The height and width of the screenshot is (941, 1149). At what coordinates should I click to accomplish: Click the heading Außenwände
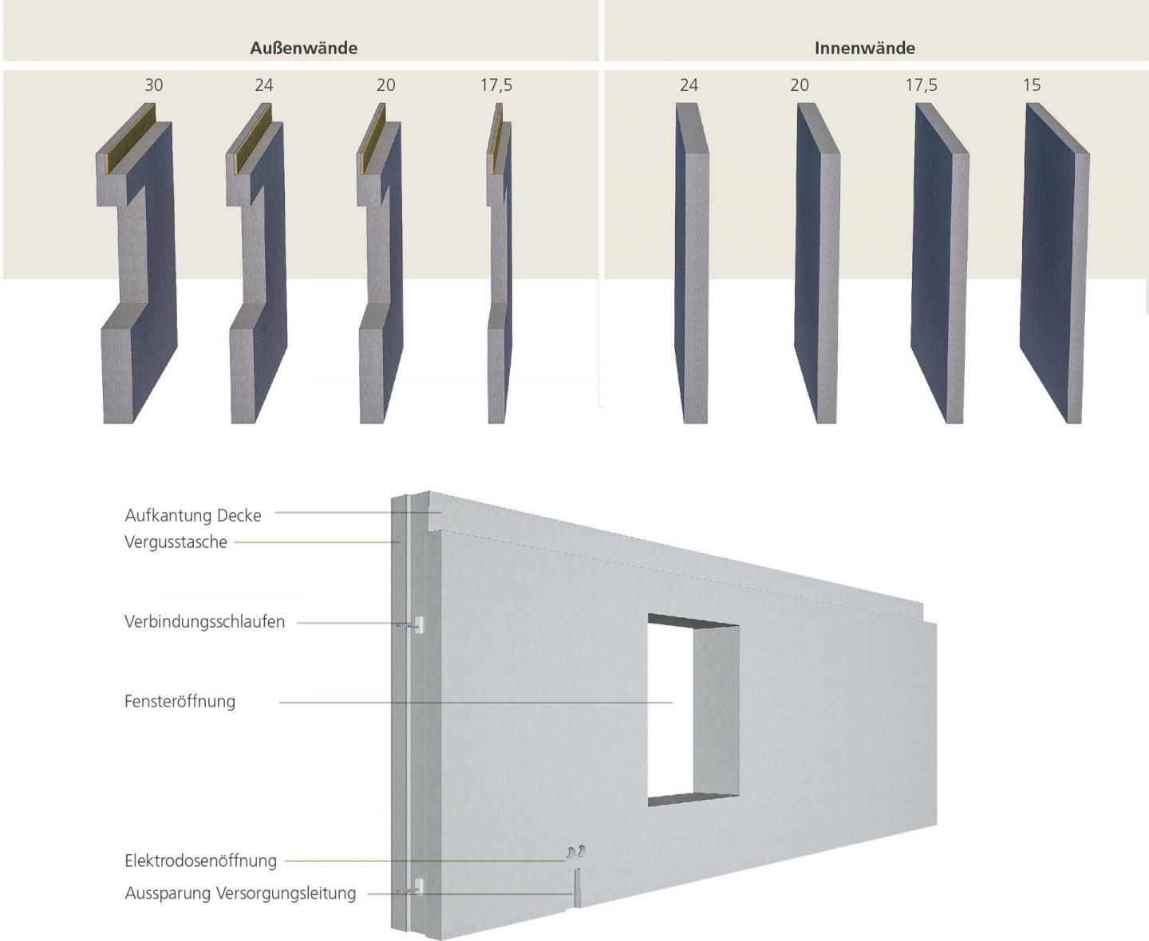point(303,48)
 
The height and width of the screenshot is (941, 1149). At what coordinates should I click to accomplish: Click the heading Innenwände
point(865,48)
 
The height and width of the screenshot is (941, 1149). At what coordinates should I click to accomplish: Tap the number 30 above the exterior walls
point(154,85)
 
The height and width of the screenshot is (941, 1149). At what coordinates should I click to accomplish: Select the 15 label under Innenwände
point(1032,85)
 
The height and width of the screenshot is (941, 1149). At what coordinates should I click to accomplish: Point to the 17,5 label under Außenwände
point(496,85)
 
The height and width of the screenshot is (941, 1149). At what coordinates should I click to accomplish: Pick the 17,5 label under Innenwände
point(922,85)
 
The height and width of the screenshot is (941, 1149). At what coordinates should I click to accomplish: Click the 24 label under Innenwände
point(689,85)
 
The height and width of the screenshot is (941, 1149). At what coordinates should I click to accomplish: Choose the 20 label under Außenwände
point(385,85)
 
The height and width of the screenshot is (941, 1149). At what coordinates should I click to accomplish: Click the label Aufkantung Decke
point(193,515)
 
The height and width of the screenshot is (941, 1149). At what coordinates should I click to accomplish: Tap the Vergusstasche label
point(176,541)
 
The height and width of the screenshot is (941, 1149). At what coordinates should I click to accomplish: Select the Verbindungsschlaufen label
point(204,621)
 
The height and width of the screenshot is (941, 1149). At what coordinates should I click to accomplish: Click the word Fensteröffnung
point(180,701)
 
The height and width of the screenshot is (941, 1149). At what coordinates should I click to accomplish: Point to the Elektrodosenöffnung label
point(200,860)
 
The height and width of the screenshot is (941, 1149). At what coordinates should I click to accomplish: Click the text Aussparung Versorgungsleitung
point(240,893)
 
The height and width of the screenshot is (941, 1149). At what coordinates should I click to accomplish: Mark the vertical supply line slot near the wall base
point(578,888)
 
